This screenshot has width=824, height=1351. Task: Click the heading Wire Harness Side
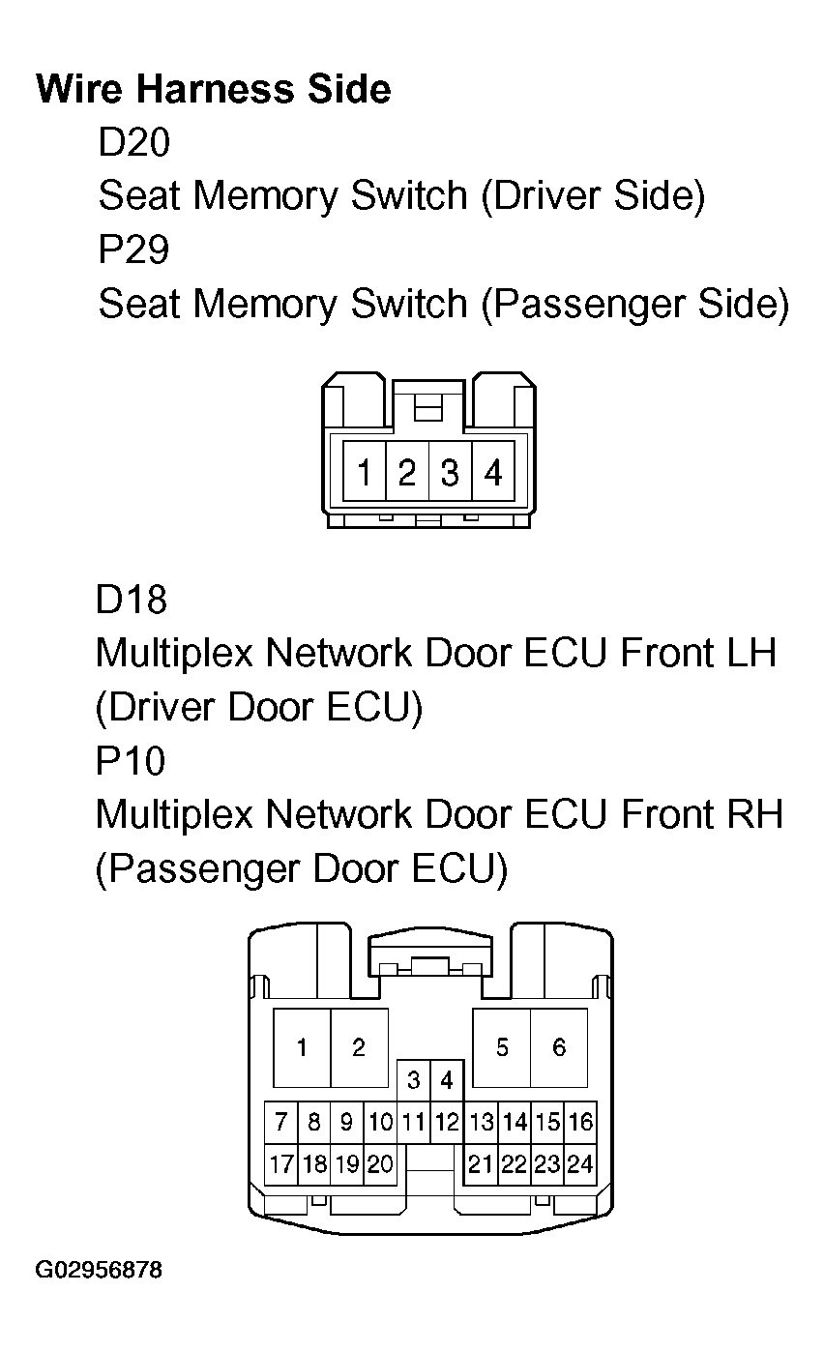(x=214, y=89)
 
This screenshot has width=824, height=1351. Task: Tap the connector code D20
(x=133, y=143)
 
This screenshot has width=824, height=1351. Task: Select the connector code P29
(x=133, y=250)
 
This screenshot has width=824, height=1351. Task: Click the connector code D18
(x=131, y=600)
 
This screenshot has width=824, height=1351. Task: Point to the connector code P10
(x=130, y=761)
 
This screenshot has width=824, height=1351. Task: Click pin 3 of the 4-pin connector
(x=450, y=474)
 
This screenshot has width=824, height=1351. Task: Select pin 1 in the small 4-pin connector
(x=365, y=474)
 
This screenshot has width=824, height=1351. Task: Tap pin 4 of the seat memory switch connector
(x=493, y=474)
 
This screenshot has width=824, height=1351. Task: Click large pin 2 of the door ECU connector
(x=359, y=1048)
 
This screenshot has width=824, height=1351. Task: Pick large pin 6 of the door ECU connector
(x=559, y=1048)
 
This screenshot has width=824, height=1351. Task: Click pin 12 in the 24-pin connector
(x=447, y=1123)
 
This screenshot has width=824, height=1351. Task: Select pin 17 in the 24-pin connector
(x=281, y=1164)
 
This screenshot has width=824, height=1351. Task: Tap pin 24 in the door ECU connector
(x=580, y=1164)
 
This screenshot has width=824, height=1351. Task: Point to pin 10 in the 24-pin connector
(x=381, y=1123)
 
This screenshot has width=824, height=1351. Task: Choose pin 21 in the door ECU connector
(x=481, y=1164)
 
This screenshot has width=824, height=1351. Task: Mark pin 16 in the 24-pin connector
(x=580, y=1123)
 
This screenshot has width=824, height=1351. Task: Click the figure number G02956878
(x=99, y=1269)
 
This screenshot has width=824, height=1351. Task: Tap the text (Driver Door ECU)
(x=259, y=708)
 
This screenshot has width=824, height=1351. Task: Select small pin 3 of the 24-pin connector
(x=414, y=1079)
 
